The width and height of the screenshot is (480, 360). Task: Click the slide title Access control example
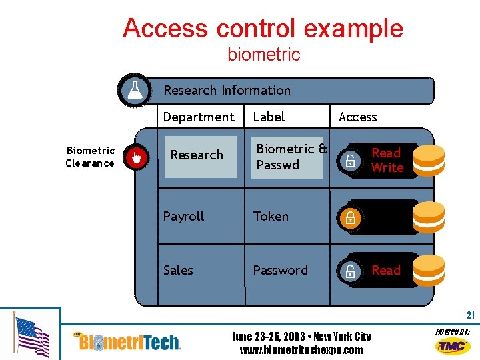click(x=263, y=28)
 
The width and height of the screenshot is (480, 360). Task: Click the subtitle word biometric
click(x=264, y=54)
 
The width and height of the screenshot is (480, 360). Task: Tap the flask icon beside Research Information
click(x=135, y=90)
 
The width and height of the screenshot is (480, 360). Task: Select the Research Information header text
click(x=227, y=90)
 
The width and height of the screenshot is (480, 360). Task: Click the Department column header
click(x=199, y=117)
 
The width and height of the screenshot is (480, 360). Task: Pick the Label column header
click(x=269, y=117)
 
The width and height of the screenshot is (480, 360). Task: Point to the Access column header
click(x=357, y=117)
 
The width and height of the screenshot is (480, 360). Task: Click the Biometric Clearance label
click(x=90, y=157)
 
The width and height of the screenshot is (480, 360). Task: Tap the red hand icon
click(x=137, y=157)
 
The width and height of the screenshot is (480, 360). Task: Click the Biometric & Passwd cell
click(x=291, y=157)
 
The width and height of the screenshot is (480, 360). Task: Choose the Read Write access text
click(x=387, y=160)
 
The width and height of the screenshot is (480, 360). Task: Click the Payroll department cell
click(x=184, y=217)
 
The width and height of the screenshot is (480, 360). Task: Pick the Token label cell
click(x=271, y=217)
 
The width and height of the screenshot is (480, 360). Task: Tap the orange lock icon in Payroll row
click(x=349, y=217)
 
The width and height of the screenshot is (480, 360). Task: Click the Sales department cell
click(x=178, y=270)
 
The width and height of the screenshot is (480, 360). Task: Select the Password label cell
click(x=280, y=270)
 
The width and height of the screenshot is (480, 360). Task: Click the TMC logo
click(x=452, y=345)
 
